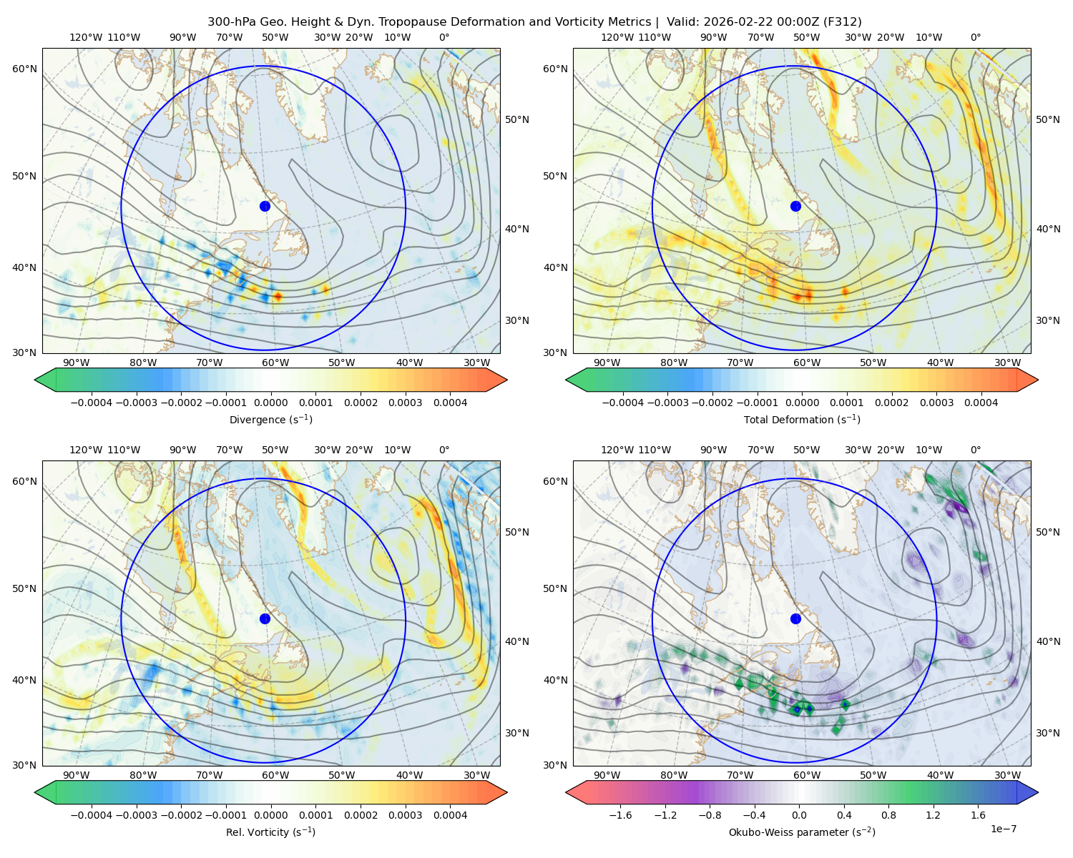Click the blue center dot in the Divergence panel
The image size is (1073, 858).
click(265, 207)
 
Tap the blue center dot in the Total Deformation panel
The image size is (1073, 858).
click(795, 207)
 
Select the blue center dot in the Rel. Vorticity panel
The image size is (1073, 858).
click(265, 618)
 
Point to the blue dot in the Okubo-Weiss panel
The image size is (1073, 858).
click(795, 618)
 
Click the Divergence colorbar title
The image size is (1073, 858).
click(270, 420)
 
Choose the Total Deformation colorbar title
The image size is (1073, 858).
click(802, 420)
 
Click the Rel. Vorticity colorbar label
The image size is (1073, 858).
click(270, 832)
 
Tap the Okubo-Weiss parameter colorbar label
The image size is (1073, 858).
click(802, 832)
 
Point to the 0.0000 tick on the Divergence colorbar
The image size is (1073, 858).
click(270, 403)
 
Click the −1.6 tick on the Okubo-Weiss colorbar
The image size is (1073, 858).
click(620, 815)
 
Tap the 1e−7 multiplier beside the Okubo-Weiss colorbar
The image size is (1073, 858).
click(1003, 829)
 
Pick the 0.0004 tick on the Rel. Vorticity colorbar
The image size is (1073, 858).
click(450, 815)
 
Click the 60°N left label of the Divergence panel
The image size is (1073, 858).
click(24, 69)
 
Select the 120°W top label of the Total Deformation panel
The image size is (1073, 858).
click(617, 37)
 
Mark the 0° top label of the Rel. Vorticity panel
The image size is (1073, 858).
click(444, 450)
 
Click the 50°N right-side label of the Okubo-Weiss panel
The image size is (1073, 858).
click(1047, 532)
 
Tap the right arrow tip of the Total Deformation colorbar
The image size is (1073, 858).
click(1038, 380)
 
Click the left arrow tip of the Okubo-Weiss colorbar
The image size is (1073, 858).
click(566, 792)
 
